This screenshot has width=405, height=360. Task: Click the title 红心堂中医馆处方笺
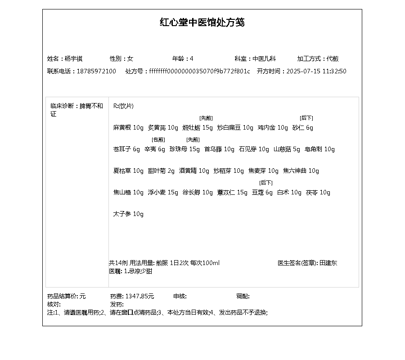[202, 22]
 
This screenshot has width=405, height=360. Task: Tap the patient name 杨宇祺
[73, 58]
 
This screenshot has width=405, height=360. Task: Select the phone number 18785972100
[96, 71]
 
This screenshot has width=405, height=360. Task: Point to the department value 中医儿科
[264, 58]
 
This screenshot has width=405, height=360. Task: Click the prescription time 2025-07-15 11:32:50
[316, 71]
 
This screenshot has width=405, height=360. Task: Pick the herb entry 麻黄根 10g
[128, 127]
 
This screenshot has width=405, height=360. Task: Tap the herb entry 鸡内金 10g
[273, 127]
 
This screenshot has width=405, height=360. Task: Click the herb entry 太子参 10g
[128, 214]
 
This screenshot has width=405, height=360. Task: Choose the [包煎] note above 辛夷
[158, 139]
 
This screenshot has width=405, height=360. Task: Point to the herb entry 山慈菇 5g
[287, 149]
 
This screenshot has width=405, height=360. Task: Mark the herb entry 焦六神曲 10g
[301, 171]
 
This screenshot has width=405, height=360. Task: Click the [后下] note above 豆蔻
[266, 183]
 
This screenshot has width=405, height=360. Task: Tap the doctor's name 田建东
[328, 263]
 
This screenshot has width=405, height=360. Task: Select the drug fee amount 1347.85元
[139, 296]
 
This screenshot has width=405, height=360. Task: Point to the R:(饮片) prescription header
[123, 106]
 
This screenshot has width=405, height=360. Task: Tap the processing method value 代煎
[333, 58]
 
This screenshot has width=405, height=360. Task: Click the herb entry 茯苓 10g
[318, 192]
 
